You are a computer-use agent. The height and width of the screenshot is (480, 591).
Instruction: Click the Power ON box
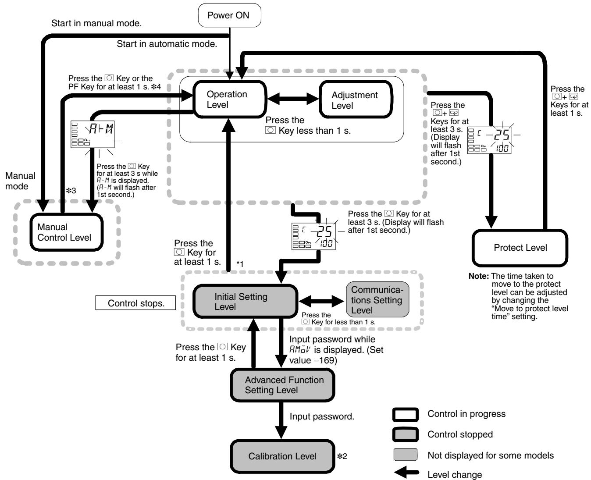pos(229,15)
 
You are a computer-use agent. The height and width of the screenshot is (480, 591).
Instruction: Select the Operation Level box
pos(230,100)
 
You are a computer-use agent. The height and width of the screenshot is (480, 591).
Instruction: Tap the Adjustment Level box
pos(356,100)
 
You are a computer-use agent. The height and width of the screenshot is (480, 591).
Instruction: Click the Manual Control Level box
pos(67,232)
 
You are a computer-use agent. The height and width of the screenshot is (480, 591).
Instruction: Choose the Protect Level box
pos(520,248)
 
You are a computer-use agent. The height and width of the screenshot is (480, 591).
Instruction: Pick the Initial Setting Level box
pos(245,301)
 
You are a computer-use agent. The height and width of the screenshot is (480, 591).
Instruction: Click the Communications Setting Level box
pos(377,299)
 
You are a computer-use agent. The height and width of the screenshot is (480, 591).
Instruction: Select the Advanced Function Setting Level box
pos(282,385)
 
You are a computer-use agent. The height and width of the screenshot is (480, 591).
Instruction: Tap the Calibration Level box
pos(282,456)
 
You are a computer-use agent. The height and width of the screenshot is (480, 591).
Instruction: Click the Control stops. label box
pos(135,303)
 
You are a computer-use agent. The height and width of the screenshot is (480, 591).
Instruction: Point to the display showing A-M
pos(93,134)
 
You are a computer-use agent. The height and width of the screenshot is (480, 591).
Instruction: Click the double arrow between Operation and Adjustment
pos(293,99)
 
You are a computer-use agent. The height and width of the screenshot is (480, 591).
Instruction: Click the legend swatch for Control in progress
pos(406,414)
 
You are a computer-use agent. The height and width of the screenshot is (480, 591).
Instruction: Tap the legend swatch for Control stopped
pos(406,434)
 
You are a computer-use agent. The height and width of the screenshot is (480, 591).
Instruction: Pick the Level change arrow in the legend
pos(406,472)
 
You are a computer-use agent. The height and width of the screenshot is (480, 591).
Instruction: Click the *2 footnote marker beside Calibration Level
pos(342,456)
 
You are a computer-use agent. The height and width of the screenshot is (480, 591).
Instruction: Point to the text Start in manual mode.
pos(96,23)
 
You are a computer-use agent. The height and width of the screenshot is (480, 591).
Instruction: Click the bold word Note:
pos(479,276)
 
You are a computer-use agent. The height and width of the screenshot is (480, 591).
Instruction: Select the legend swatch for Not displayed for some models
pos(406,455)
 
